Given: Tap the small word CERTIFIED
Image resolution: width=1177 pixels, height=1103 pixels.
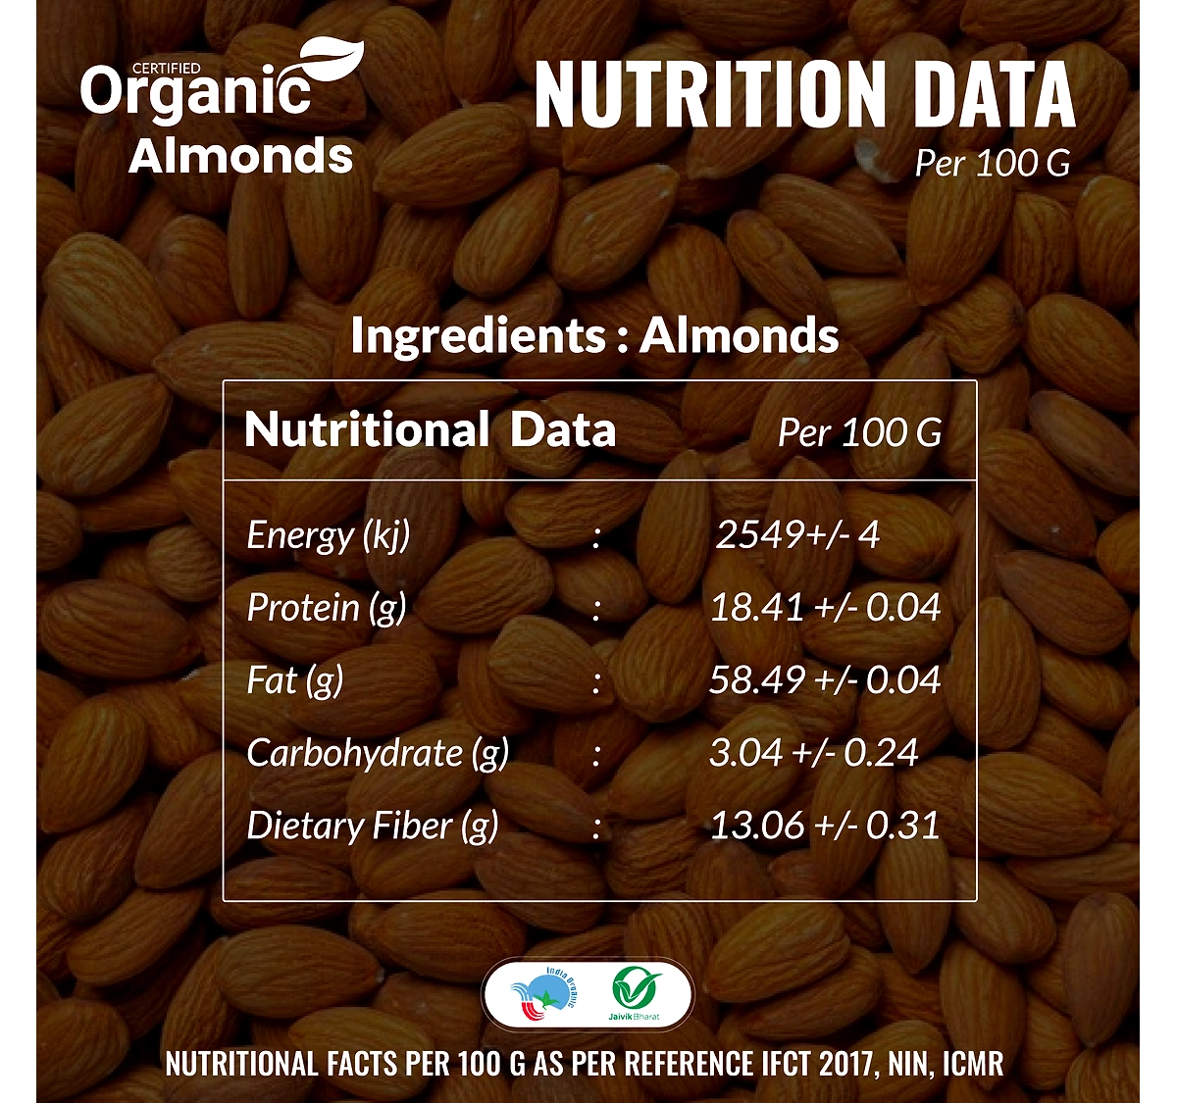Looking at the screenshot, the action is click(x=166, y=69).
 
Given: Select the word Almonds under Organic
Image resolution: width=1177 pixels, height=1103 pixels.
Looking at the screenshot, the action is click(x=240, y=156).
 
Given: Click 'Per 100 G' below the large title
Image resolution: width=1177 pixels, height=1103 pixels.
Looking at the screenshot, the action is click(x=994, y=163).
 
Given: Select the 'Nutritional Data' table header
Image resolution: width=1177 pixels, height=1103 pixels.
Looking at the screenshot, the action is click(x=431, y=429).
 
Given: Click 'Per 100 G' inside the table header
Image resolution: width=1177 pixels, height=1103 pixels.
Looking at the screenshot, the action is click(x=859, y=432).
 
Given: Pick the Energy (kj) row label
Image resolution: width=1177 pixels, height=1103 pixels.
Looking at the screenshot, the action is click(x=328, y=535).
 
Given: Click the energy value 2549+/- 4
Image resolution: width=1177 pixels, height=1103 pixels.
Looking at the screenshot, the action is click(x=797, y=534).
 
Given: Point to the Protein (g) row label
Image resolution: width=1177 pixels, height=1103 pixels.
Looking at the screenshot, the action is click(x=327, y=608).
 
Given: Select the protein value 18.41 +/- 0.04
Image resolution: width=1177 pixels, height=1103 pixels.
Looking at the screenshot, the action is click(x=825, y=608).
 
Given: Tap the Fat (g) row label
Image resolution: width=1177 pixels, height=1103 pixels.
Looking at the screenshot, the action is click(x=295, y=680).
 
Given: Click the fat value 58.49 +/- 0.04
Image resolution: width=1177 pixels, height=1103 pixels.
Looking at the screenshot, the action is click(x=825, y=679).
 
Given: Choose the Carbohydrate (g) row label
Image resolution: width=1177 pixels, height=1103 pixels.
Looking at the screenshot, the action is click(x=378, y=753).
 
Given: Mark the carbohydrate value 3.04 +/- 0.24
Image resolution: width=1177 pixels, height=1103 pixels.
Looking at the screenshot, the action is click(x=814, y=753).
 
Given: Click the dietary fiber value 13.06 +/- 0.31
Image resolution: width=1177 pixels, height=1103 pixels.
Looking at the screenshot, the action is click(x=825, y=825).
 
